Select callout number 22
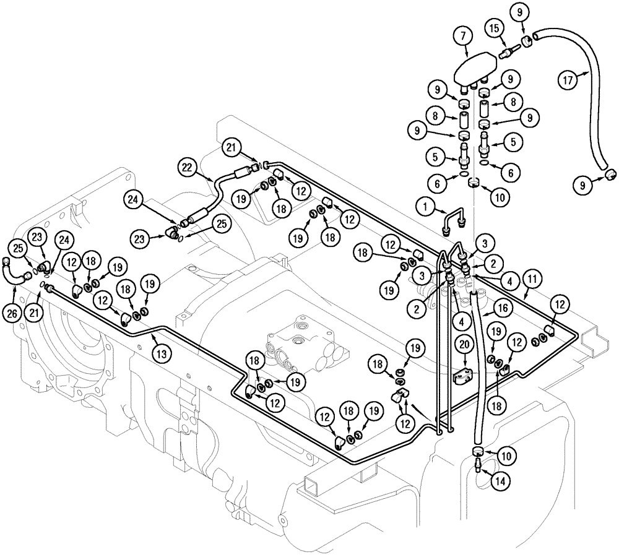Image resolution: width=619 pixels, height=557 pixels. click(x=189, y=167)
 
